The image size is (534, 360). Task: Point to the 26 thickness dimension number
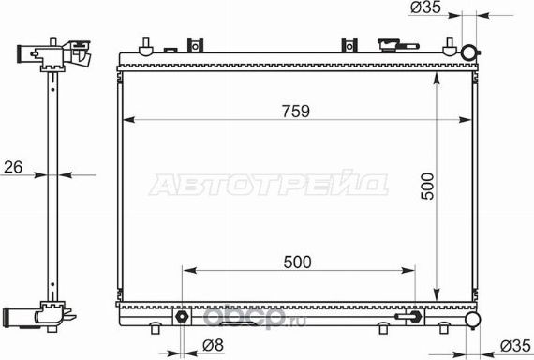point(13,167)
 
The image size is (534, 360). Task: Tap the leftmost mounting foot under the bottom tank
point(156,328)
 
